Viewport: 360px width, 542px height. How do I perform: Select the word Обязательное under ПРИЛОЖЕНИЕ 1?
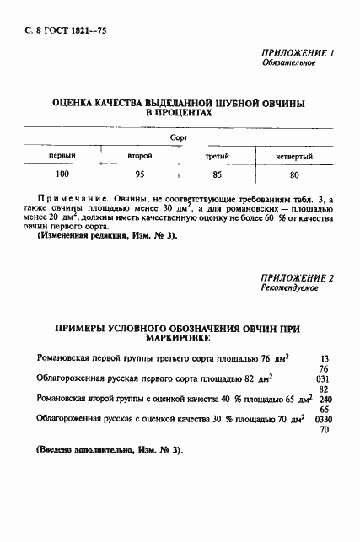[x=288, y=63]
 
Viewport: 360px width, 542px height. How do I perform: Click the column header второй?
[x=139, y=157]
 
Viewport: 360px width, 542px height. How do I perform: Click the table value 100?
[x=62, y=175]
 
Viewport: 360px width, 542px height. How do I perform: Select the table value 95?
[x=140, y=175]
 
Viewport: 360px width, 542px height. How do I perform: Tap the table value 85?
[x=218, y=175]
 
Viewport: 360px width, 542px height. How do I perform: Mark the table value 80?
[x=294, y=175]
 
